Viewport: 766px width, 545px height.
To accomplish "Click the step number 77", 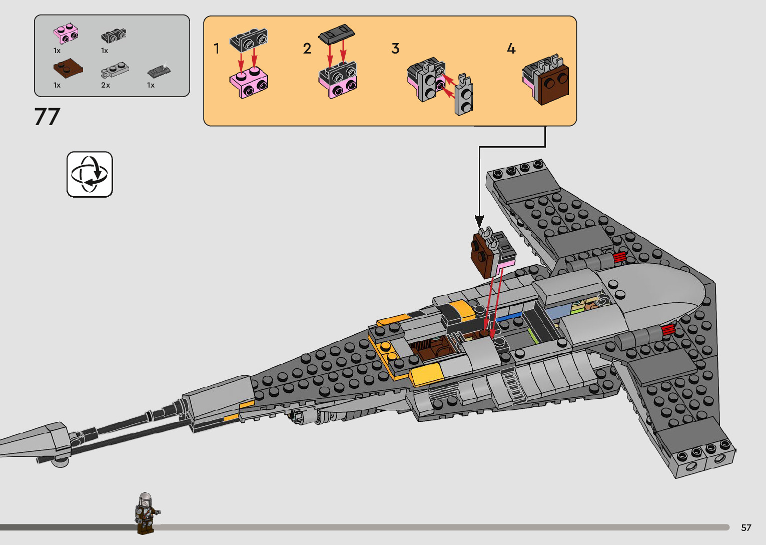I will pos(47,117).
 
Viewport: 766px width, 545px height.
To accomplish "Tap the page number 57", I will pos(746,527).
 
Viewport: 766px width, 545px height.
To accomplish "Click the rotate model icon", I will pos(90,174).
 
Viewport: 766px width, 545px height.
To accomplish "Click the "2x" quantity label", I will pos(106,85).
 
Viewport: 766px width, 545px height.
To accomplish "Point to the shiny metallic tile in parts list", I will pos(159,71).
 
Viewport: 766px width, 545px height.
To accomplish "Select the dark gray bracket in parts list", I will pos(114,35).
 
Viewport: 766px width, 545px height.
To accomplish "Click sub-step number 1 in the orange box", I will pos(217,49).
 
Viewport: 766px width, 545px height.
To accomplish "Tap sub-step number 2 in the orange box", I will pos(307,49).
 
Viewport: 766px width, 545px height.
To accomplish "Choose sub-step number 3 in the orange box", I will pos(395,49).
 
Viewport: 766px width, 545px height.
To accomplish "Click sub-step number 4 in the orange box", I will pos(511,49).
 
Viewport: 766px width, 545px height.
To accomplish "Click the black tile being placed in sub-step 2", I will pos(337,35).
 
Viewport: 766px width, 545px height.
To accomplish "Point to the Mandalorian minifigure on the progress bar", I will pos(145,512).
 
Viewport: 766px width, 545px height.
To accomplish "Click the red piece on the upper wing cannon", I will pos(619,257).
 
